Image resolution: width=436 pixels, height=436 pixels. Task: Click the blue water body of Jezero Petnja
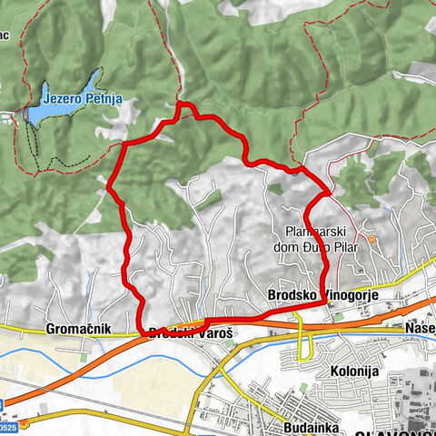click(54, 106)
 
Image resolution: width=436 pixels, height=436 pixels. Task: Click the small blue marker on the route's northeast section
click(292, 170)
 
